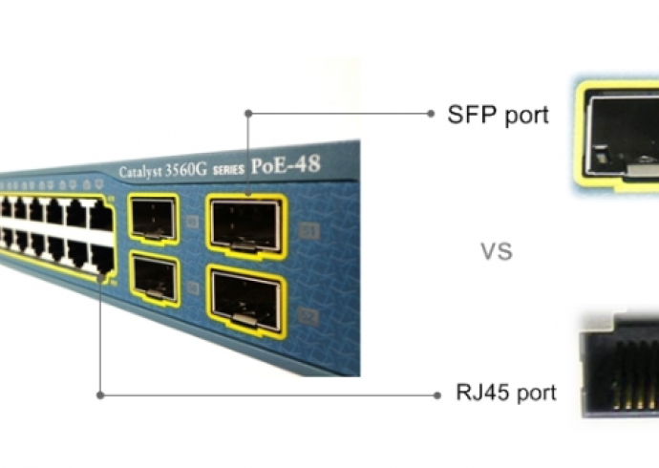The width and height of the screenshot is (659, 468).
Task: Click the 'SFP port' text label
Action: pos(499,115)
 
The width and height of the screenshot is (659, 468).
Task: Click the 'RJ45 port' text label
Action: pos(506,393)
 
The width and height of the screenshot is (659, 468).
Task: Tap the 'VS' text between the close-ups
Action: pos(497,252)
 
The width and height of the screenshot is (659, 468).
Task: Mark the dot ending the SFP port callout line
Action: pos(432,113)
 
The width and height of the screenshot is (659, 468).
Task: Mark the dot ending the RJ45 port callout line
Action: pos(432,393)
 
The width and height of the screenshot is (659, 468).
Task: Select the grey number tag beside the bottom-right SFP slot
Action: pos(308,312)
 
